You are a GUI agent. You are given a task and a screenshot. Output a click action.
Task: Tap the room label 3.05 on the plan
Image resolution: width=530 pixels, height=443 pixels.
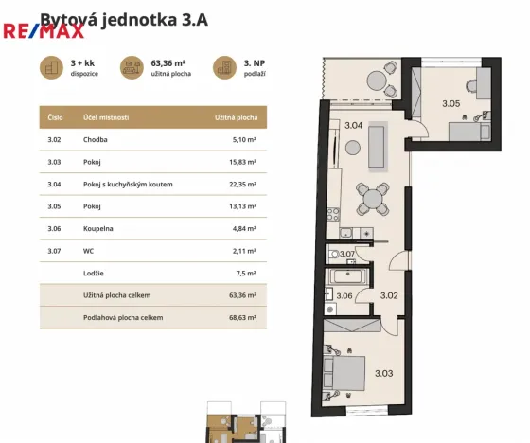click(x=452, y=103)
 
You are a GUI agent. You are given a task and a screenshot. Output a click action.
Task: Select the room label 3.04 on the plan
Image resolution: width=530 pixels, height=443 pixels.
click(x=353, y=125)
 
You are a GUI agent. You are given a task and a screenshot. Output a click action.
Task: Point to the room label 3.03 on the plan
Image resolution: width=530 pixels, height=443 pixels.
click(x=385, y=373)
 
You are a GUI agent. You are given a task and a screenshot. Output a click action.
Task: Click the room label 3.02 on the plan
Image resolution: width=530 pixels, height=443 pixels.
click(x=389, y=295)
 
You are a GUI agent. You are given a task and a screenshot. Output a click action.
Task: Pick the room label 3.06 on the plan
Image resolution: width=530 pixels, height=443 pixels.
click(x=344, y=296)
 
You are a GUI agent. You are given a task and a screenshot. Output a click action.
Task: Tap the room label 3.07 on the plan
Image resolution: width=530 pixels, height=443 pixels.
click(x=347, y=254)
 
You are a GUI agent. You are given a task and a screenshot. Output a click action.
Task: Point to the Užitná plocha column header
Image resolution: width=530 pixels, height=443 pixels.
click(x=238, y=117)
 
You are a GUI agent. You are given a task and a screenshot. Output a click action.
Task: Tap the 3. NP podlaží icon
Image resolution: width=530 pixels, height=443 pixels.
click(x=224, y=66)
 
